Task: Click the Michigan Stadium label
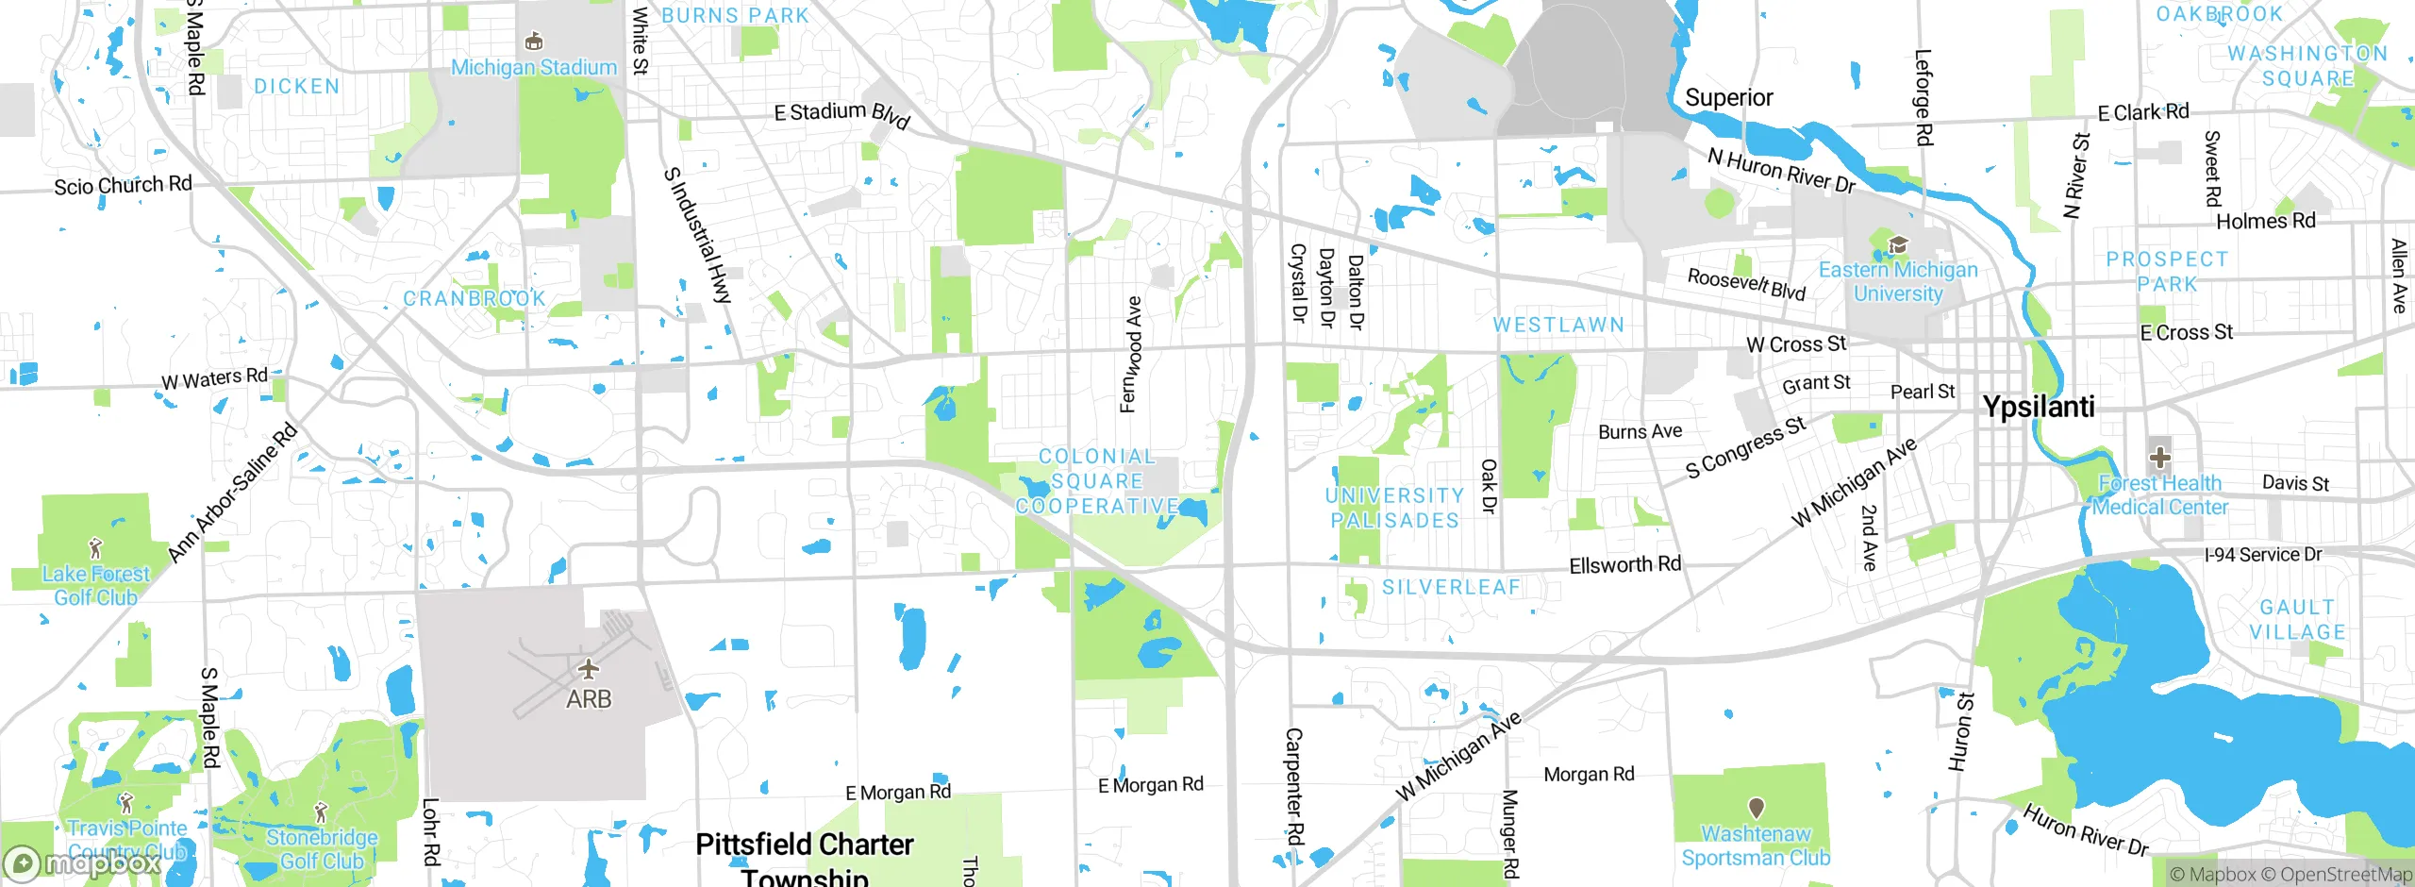tap(534, 67)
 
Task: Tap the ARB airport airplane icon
tap(589, 670)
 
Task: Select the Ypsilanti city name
tap(2039, 407)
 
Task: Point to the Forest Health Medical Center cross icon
tap(2159, 459)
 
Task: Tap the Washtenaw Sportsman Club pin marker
tap(1756, 808)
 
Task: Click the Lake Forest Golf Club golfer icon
tap(95, 547)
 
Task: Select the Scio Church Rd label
tap(123, 185)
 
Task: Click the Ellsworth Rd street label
tap(1624, 564)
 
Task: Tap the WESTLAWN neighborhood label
tap(1558, 325)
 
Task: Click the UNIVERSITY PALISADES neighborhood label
tap(1394, 508)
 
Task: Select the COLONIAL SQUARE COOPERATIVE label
tap(1097, 481)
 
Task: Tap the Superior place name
tap(1728, 98)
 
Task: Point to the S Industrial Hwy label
tap(697, 235)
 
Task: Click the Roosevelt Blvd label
tap(1745, 284)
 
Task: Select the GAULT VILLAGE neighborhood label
tap(2297, 620)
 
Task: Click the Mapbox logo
tap(83, 862)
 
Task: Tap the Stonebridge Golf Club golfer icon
tap(321, 812)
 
